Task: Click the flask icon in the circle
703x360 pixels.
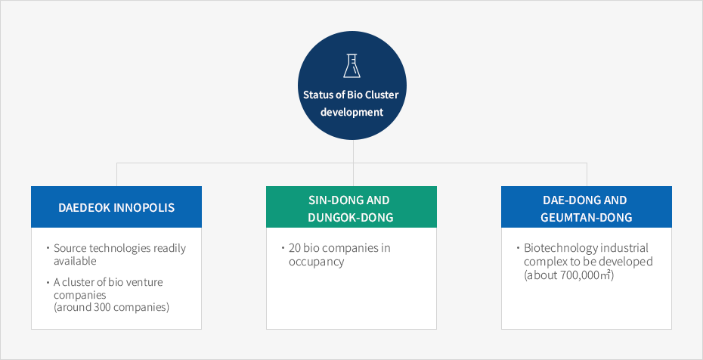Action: [x=352, y=66]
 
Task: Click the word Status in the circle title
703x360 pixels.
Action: [x=317, y=95]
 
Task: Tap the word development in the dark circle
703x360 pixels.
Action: [x=352, y=112]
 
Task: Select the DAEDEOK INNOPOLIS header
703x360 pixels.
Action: [x=116, y=206]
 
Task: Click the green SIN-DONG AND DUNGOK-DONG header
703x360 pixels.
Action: [x=351, y=206]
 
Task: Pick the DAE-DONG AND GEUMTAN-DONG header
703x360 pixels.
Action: [x=587, y=206]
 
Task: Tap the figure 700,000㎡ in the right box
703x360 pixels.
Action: [x=586, y=275]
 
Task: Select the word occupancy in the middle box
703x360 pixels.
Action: [x=316, y=262]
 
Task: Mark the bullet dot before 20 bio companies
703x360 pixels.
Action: [x=283, y=247]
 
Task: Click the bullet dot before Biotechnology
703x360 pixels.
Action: [x=519, y=247]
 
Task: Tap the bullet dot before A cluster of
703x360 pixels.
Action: [x=48, y=282]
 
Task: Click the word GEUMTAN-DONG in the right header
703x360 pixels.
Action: [x=586, y=217]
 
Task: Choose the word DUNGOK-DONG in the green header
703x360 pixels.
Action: [x=351, y=217]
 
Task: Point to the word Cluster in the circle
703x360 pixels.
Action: [x=382, y=95]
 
